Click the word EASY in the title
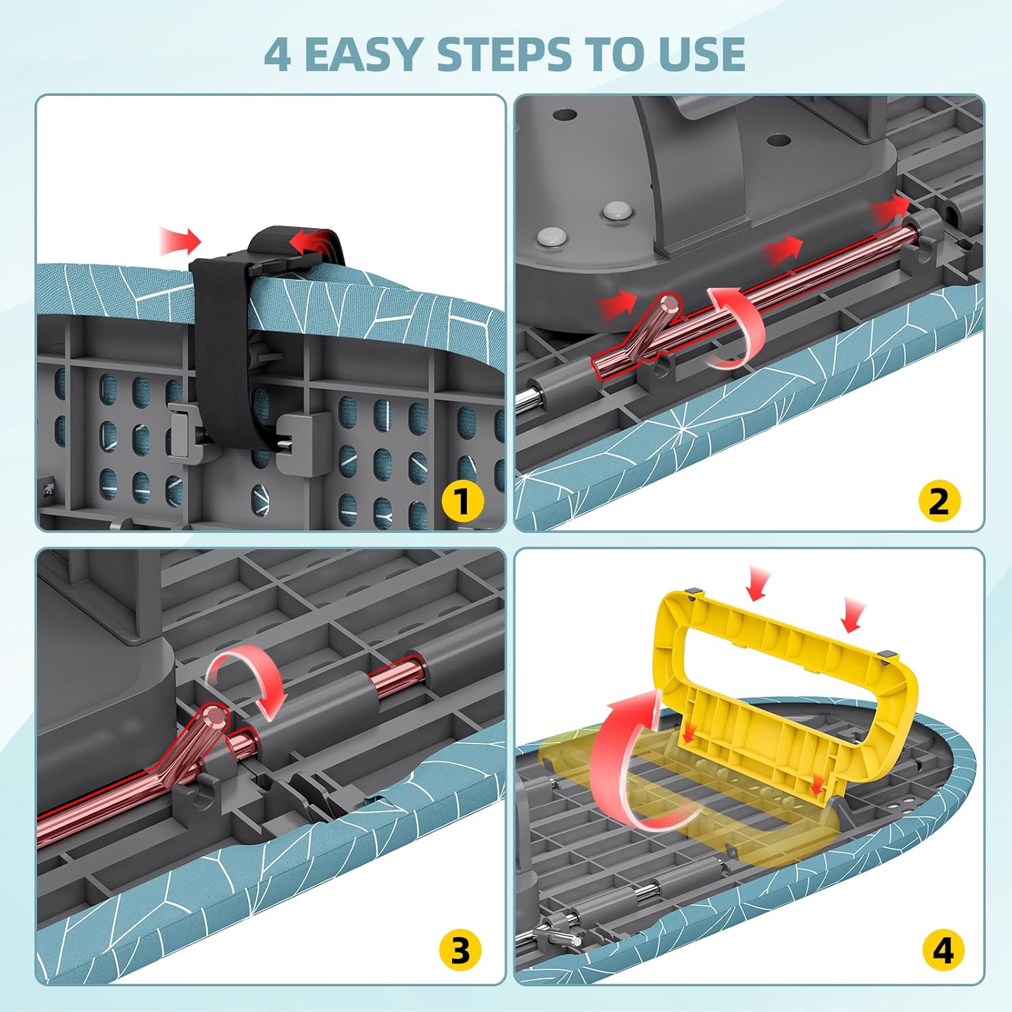365,54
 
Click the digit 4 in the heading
277,54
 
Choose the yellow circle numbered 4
943,951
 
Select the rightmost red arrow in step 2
889,208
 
